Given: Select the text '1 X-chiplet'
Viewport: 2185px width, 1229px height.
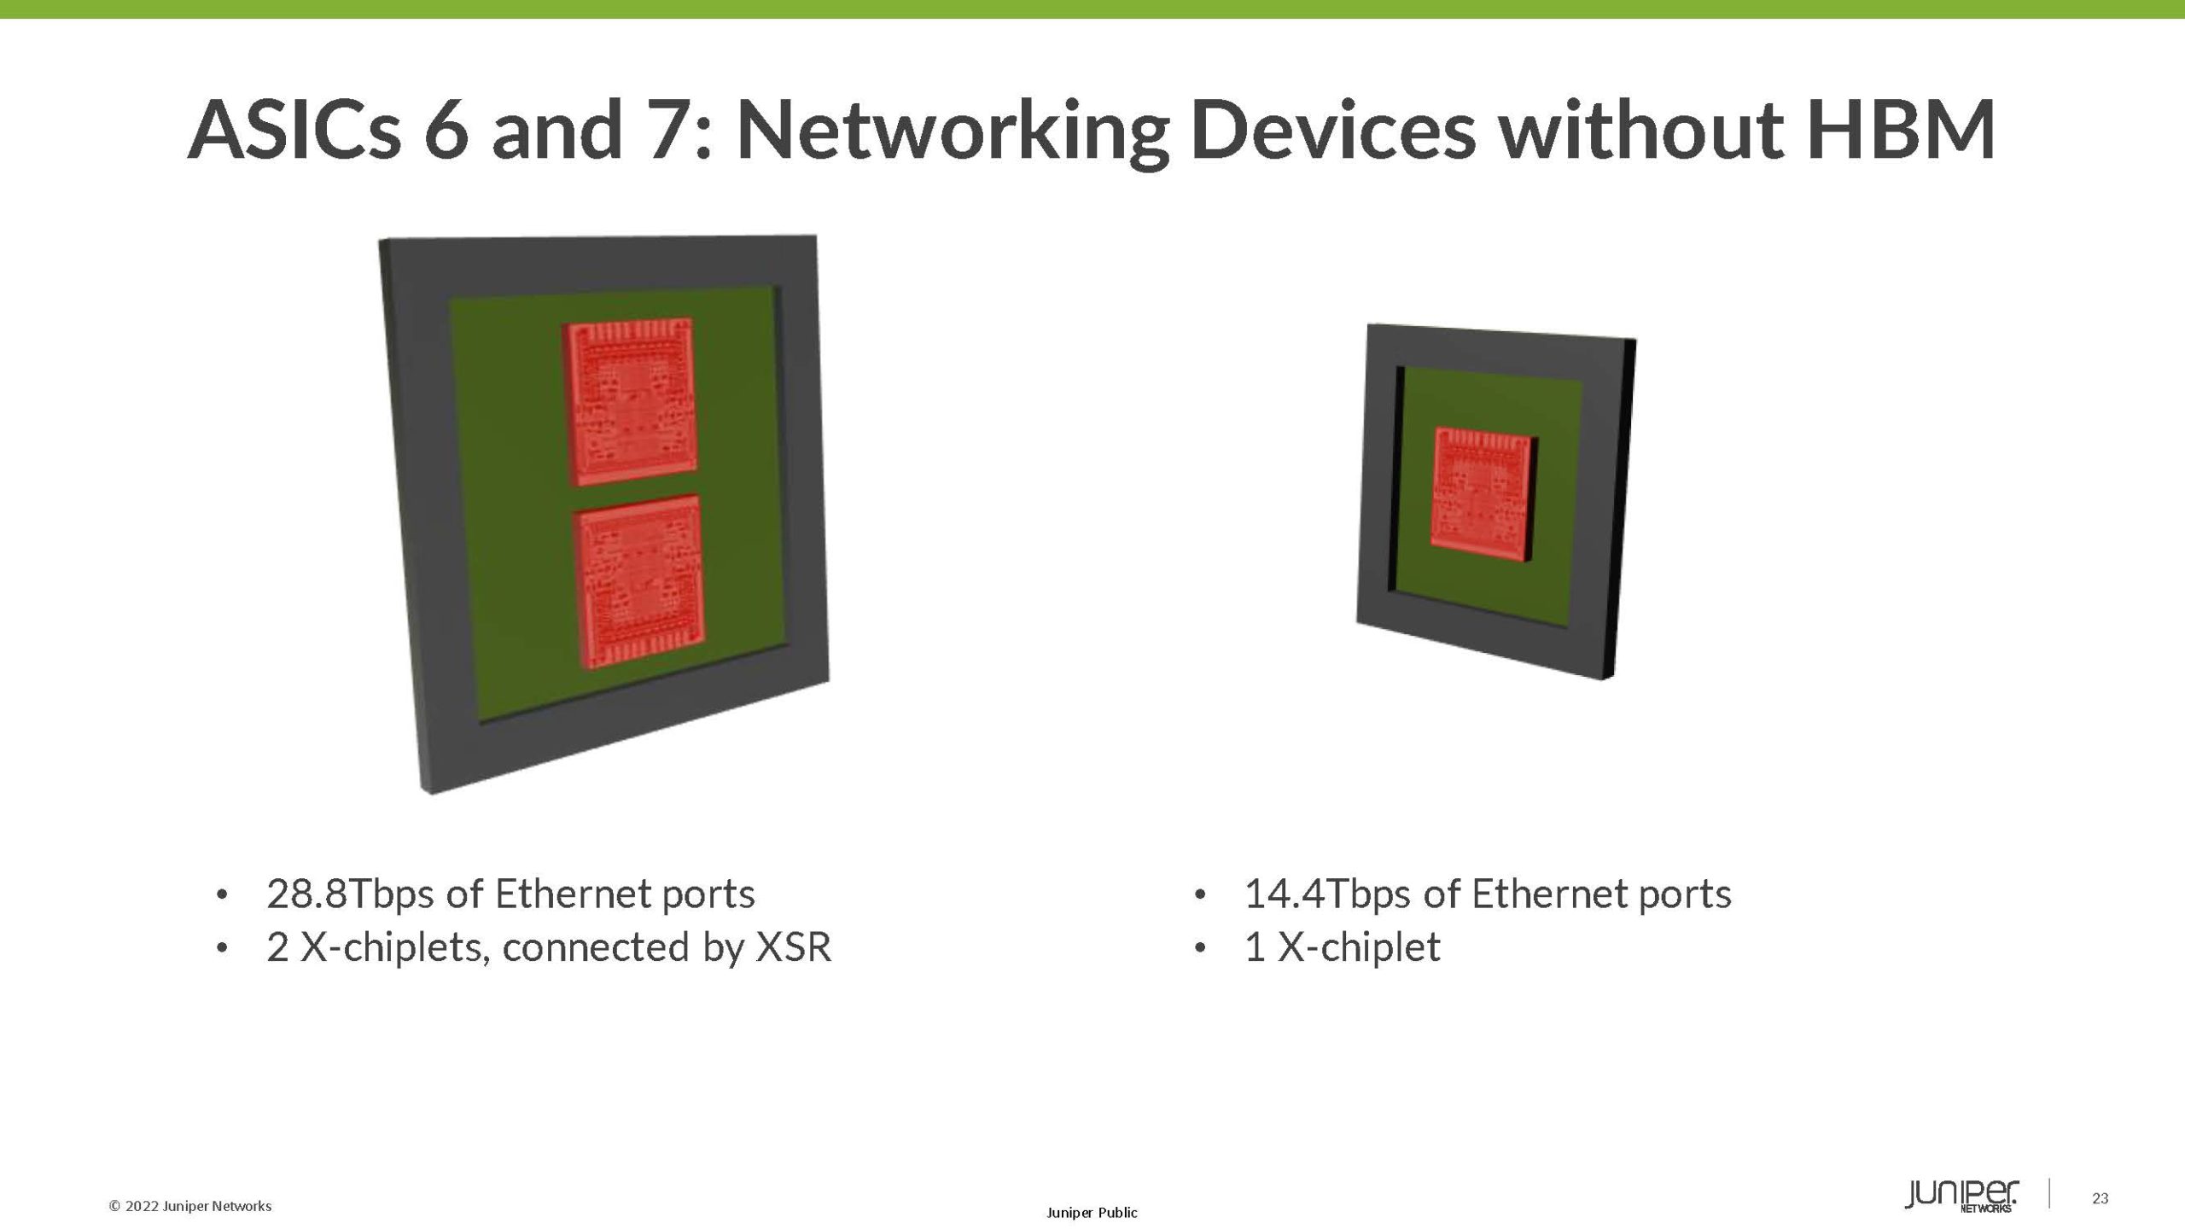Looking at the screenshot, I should coord(1343,947).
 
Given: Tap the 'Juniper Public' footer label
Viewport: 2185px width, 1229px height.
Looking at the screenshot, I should coord(1092,1213).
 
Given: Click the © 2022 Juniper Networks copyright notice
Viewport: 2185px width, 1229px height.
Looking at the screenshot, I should coord(190,1206).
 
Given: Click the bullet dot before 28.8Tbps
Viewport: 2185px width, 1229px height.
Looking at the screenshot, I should coord(222,895).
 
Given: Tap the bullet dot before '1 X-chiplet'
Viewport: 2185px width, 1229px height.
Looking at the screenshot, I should coord(1200,948).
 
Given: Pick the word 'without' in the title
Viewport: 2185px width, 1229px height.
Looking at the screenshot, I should coord(1626,131).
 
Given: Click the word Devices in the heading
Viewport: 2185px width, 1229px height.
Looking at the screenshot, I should coord(1332,131).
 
